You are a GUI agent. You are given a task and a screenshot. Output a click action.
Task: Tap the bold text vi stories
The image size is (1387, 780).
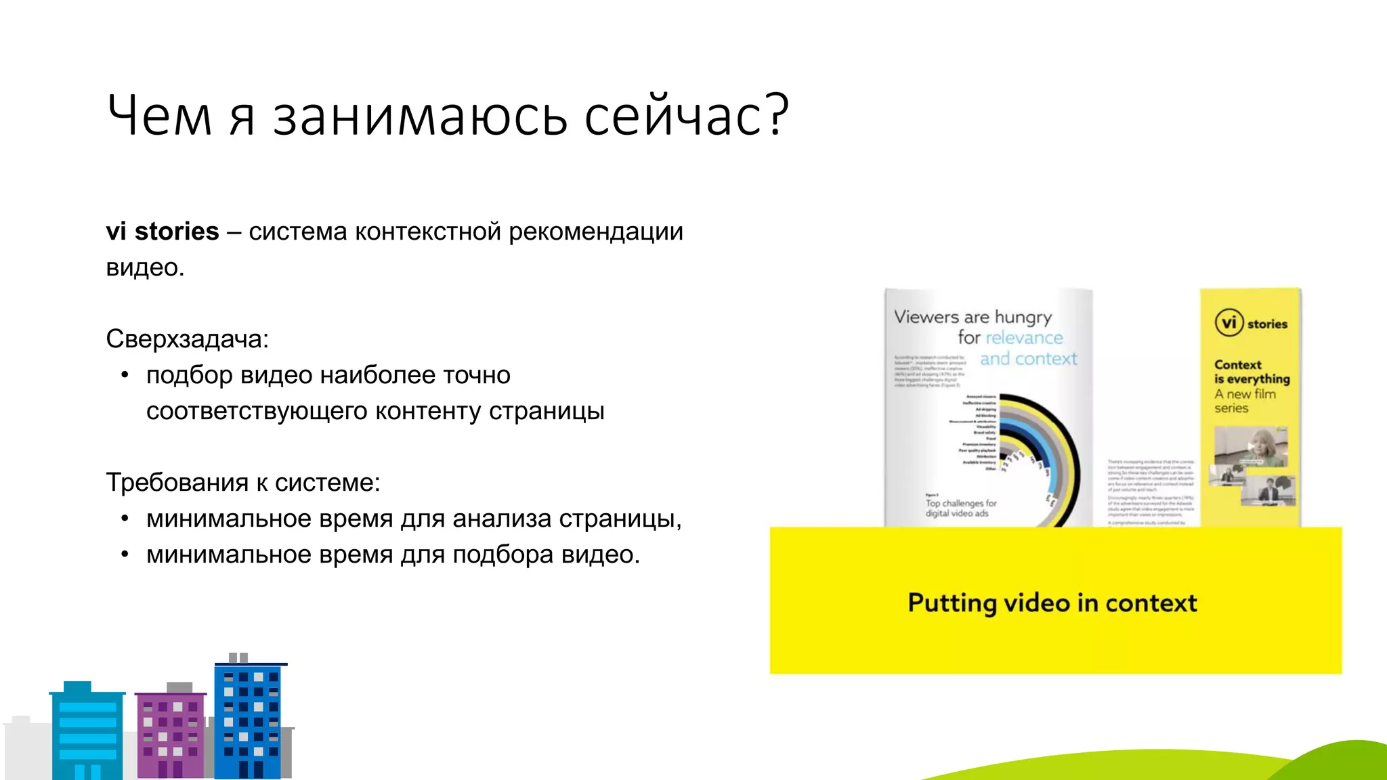163,232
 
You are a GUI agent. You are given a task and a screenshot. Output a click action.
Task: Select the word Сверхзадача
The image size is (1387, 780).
186,339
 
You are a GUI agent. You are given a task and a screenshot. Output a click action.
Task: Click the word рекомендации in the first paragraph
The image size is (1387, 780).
596,232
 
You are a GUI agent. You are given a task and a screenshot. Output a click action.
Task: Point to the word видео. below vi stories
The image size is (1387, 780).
145,267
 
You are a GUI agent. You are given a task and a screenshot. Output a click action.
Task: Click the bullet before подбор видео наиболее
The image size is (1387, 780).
125,375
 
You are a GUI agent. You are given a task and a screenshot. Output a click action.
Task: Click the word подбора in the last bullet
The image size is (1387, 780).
494,555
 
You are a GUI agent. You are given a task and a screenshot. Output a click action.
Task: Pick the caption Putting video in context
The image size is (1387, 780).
1052,603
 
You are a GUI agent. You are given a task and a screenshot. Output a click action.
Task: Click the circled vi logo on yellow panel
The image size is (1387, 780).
1229,323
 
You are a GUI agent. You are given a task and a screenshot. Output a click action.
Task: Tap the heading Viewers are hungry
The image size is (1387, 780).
973,317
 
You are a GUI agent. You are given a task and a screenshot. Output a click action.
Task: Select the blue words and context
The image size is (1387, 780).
1028,359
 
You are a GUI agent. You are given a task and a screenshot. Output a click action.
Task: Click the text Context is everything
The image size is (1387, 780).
1252,372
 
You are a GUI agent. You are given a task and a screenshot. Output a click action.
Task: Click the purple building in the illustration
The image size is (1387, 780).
170,734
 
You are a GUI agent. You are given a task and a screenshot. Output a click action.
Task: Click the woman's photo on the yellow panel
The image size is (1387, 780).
1250,448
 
